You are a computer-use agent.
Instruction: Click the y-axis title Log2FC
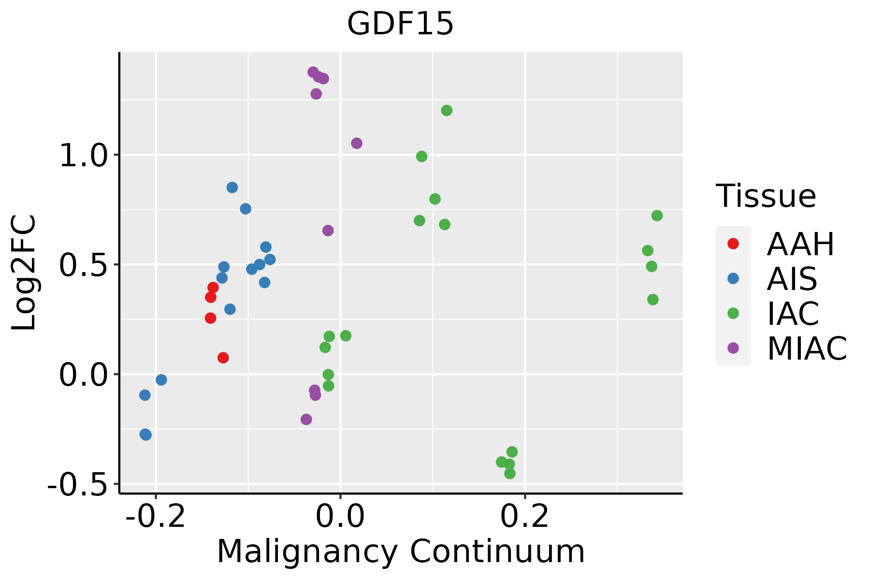(x=24, y=273)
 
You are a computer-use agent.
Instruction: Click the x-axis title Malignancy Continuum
(x=401, y=551)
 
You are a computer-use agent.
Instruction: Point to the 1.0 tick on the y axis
(x=82, y=156)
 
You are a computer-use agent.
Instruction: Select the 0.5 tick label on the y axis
(x=82, y=265)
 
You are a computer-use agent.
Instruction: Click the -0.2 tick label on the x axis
(x=156, y=516)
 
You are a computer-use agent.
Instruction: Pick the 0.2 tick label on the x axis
(x=525, y=516)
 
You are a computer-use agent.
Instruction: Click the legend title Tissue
(x=766, y=196)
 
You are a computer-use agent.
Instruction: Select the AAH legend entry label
(x=800, y=244)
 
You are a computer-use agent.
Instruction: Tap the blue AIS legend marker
(x=733, y=278)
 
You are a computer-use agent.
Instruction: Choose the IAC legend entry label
(x=793, y=313)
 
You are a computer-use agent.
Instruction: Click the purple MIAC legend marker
(x=733, y=348)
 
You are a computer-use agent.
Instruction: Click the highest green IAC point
(x=447, y=111)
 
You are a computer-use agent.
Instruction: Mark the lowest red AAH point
(x=223, y=358)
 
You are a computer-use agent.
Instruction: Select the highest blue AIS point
(x=232, y=188)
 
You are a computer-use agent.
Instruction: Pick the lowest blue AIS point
(x=145, y=435)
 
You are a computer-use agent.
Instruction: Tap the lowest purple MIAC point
(x=306, y=419)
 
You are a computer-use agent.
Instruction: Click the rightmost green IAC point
(x=657, y=216)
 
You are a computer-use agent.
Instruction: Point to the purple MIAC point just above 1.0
(x=357, y=143)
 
